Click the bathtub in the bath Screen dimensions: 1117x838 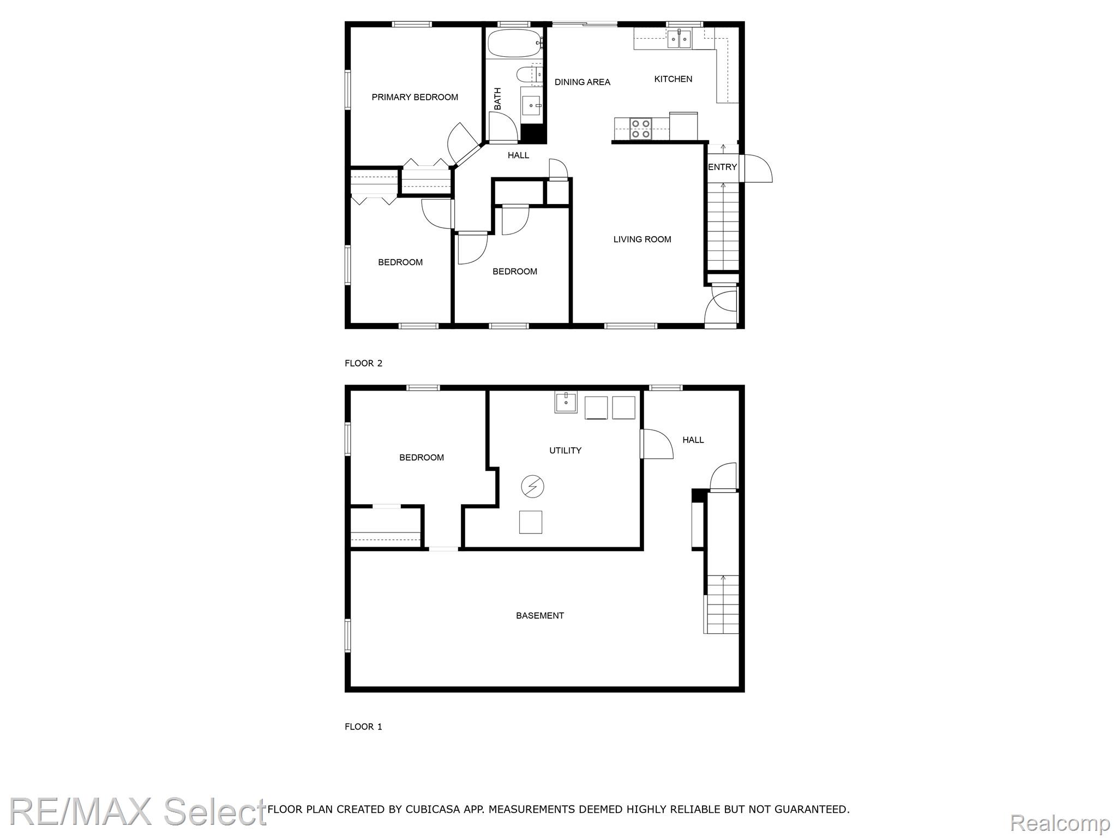point(515,43)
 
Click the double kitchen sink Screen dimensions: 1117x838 point(680,39)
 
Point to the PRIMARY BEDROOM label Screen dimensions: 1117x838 point(415,97)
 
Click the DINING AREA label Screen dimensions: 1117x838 point(582,82)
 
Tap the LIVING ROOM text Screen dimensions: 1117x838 point(642,239)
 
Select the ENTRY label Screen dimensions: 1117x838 point(722,167)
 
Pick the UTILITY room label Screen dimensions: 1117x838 point(565,450)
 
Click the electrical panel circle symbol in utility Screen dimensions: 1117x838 point(532,486)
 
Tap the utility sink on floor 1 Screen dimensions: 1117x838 point(566,402)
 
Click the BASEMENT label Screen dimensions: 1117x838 point(540,615)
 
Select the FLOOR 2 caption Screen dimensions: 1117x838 point(363,363)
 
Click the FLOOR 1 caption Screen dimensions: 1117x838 point(363,727)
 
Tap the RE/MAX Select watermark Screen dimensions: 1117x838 point(137,811)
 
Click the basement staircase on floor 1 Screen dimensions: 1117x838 point(722,604)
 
